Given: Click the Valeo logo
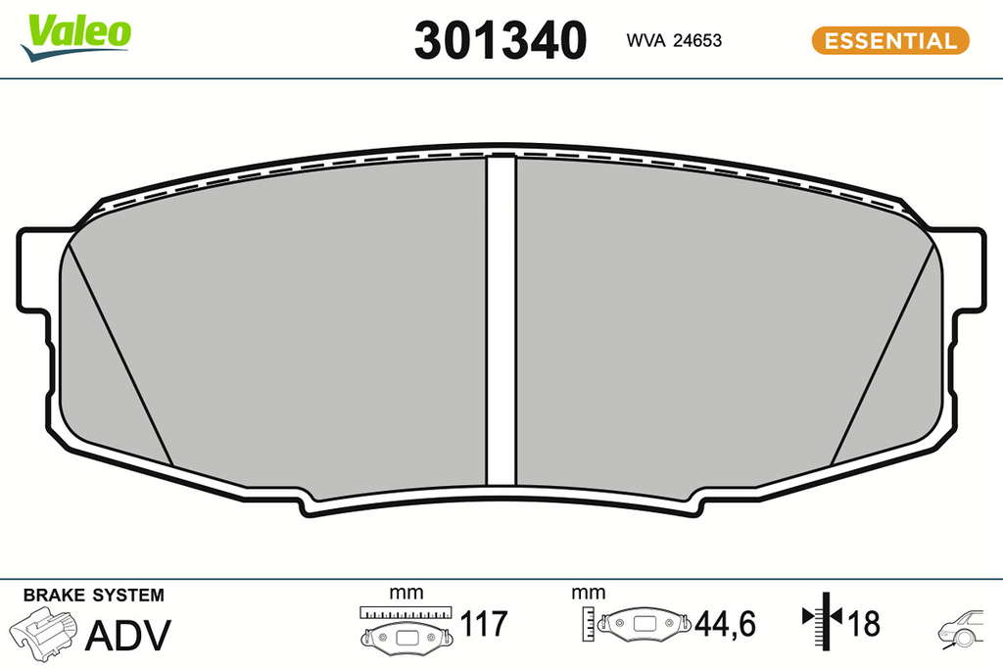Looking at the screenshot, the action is tap(75, 37).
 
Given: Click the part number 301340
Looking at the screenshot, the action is tap(501, 39).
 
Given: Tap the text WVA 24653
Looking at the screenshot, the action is tap(674, 40).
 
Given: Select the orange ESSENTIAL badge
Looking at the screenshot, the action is tap(890, 40).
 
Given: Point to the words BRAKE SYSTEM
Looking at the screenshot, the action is tap(94, 595).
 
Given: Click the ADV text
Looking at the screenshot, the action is tap(128, 635).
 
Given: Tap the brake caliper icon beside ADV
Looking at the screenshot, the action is tap(42, 633).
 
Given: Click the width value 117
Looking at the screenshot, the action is tap(484, 624).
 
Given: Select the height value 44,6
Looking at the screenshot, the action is tap(725, 624).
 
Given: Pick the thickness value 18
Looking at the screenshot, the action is tap(864, 624).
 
